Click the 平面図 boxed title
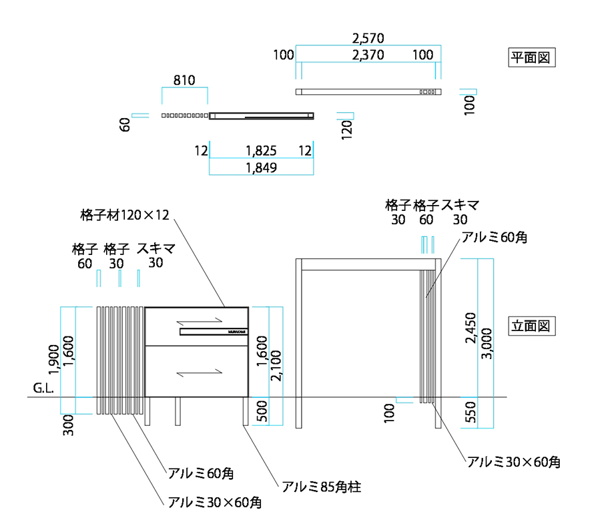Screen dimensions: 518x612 point(531,57)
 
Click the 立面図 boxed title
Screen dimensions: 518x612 point(531,326)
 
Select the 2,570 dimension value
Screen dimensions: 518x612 point(368,39)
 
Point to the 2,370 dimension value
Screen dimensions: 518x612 point(368,55)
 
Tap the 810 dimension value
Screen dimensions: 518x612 point(184,81)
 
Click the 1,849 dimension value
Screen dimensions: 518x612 point(262,168)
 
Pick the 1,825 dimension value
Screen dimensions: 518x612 point(262,151)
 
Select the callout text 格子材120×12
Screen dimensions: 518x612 point(125,215)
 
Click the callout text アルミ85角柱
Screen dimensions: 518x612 point(321,487)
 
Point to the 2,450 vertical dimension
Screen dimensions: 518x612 point(471,328)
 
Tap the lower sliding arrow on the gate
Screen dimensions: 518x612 point(198,372)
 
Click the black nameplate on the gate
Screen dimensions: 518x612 point(214,331)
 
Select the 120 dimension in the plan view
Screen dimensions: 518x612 point(346,127)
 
